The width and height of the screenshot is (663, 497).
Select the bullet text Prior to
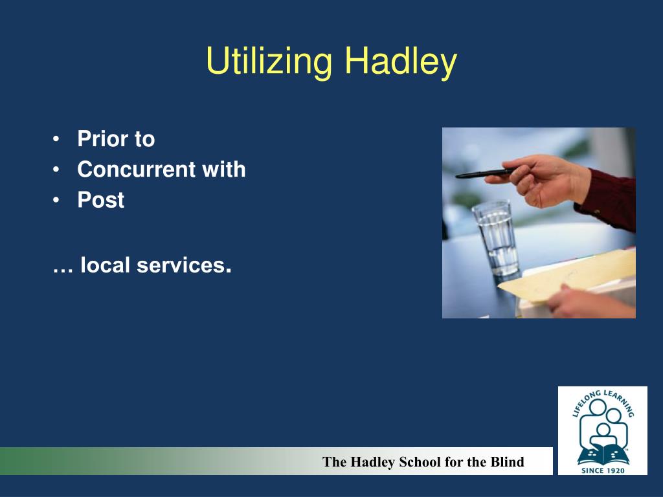[116, 139]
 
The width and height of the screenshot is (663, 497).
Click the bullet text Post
[101, 200]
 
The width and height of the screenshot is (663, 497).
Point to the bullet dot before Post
[57, 200]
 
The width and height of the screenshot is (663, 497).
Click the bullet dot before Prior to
[57, 139]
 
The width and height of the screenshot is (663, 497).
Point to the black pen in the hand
[486, 173]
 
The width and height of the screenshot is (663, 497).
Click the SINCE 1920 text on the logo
[602, 470]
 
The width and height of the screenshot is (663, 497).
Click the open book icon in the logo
[602, 454]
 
